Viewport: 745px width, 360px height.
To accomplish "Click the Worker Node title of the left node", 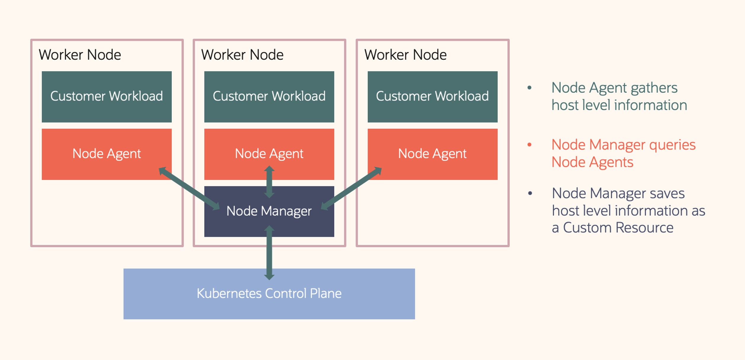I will tap(80, 55).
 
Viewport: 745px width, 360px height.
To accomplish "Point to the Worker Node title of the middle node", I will tap(242, 55).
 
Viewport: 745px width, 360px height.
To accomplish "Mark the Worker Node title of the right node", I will tap(405, 55).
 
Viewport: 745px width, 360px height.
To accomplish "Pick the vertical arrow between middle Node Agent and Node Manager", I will tap(269, 182).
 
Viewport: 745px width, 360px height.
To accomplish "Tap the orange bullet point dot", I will tap(529, 145).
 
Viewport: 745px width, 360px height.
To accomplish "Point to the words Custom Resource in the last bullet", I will tap(618, 228).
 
